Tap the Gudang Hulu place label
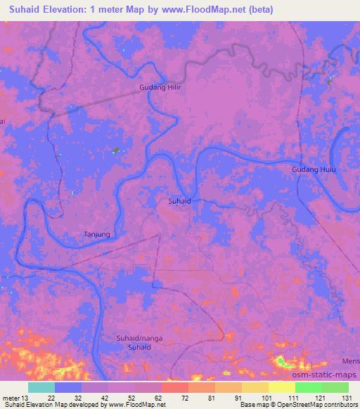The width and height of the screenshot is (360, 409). tap(314, 170)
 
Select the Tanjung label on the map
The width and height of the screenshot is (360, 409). tap(97, 234)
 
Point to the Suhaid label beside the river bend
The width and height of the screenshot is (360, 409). tap(180, 201)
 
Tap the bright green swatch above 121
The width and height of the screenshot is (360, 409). tap(308, 387)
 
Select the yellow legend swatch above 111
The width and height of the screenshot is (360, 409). tap(281, 387)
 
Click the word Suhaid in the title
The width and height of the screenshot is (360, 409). tap(25, 10)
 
